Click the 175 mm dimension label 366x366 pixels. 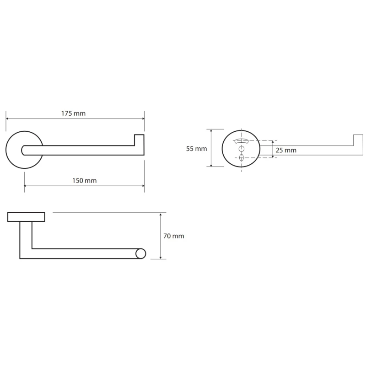tap(73, 113)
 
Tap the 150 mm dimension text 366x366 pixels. tap(84, 181)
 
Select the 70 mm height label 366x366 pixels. tap(174, 236)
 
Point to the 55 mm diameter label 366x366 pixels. tap(196, 149)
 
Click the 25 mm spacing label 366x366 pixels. tap(286, 151)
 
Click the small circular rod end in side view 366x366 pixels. tap(141, 254)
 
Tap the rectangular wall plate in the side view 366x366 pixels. tap(26, 217)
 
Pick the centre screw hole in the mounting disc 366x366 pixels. tap(242, 149)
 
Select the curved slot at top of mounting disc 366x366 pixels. tap(241, 141)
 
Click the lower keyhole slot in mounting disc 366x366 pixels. tap(242, 157)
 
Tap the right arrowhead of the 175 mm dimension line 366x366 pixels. tap(143, 118)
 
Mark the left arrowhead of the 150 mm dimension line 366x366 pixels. tap(26, 186)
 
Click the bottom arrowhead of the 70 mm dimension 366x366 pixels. tap(161, 258)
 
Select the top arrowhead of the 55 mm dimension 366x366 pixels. tap(211, 131)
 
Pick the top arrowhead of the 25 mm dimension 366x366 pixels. tap(272, 142)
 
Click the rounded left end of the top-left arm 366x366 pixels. tap(23, 151)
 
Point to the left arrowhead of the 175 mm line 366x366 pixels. tap(7, 118)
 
